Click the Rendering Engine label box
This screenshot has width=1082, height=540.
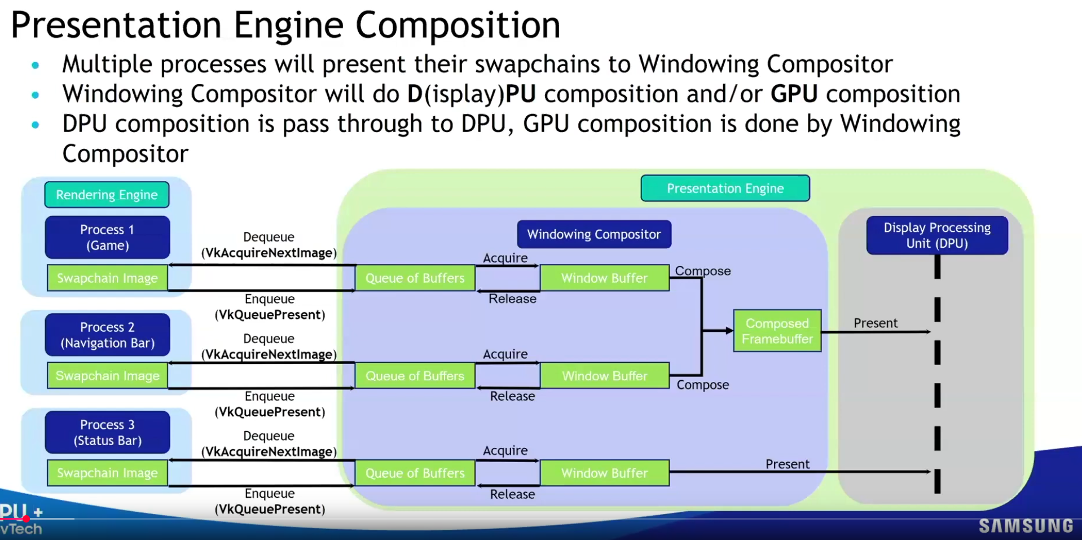pyautogui.click(x=107, y=195)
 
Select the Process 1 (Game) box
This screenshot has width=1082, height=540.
pyautogui.click(x=107, y=238)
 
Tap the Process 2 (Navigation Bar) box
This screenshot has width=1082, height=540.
pyautogui.click(x=107, y=335)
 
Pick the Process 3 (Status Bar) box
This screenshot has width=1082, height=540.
pyautogui.click(x=107, y=432)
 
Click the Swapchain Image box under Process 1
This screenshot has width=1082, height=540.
pyautogui.click(x=107, y=278)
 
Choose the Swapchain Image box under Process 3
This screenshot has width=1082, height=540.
pyautogui.click(x=107, y=473)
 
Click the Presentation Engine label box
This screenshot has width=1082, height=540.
pyautogui.click(x=725, y=188)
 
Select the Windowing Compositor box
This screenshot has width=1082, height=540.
pyautogui.click(x=594, y=234)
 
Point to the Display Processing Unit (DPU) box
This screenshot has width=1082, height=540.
pyautogui.click(x=936, y=235)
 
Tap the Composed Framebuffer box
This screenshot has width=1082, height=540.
pyautogui.click(x=777, y=331)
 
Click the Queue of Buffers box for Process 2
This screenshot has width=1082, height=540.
pyautogui.click(x=415, y=376)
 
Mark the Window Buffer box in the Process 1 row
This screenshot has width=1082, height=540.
pyautogui.click(x=604, y=278)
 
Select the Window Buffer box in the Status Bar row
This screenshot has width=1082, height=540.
pyautogui.click(x=604, y=473)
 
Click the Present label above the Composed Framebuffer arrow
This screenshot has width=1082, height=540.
pyautogui.click(x=875, y=323)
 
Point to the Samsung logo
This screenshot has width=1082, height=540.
pyautogui.click(x=1026, y=526)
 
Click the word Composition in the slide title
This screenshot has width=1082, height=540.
pyautogui.click(x=458, y=25)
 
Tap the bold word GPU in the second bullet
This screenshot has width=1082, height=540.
pyautogui.click(x=794, y=94)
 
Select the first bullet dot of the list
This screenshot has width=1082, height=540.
pyautogui.click(x=36, y=65)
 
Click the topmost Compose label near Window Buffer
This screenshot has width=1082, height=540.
pyautogui.click(x=702, y=271)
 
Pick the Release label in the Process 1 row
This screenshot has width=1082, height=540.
pyautogui.click(x=512, y=299)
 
